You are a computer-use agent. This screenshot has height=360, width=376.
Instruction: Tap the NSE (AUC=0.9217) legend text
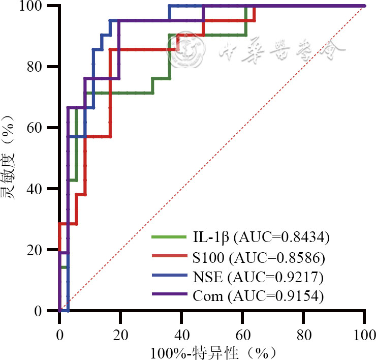point(258,278)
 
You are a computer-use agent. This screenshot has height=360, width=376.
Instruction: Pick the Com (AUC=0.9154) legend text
point(258,296)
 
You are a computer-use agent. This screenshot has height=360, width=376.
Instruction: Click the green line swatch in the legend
point(169,236)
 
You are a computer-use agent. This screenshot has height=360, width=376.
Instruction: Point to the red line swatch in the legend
point(169,257)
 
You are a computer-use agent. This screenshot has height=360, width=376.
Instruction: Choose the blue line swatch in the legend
point(169,277)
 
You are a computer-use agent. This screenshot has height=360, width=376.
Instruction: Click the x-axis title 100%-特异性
point(213,352)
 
